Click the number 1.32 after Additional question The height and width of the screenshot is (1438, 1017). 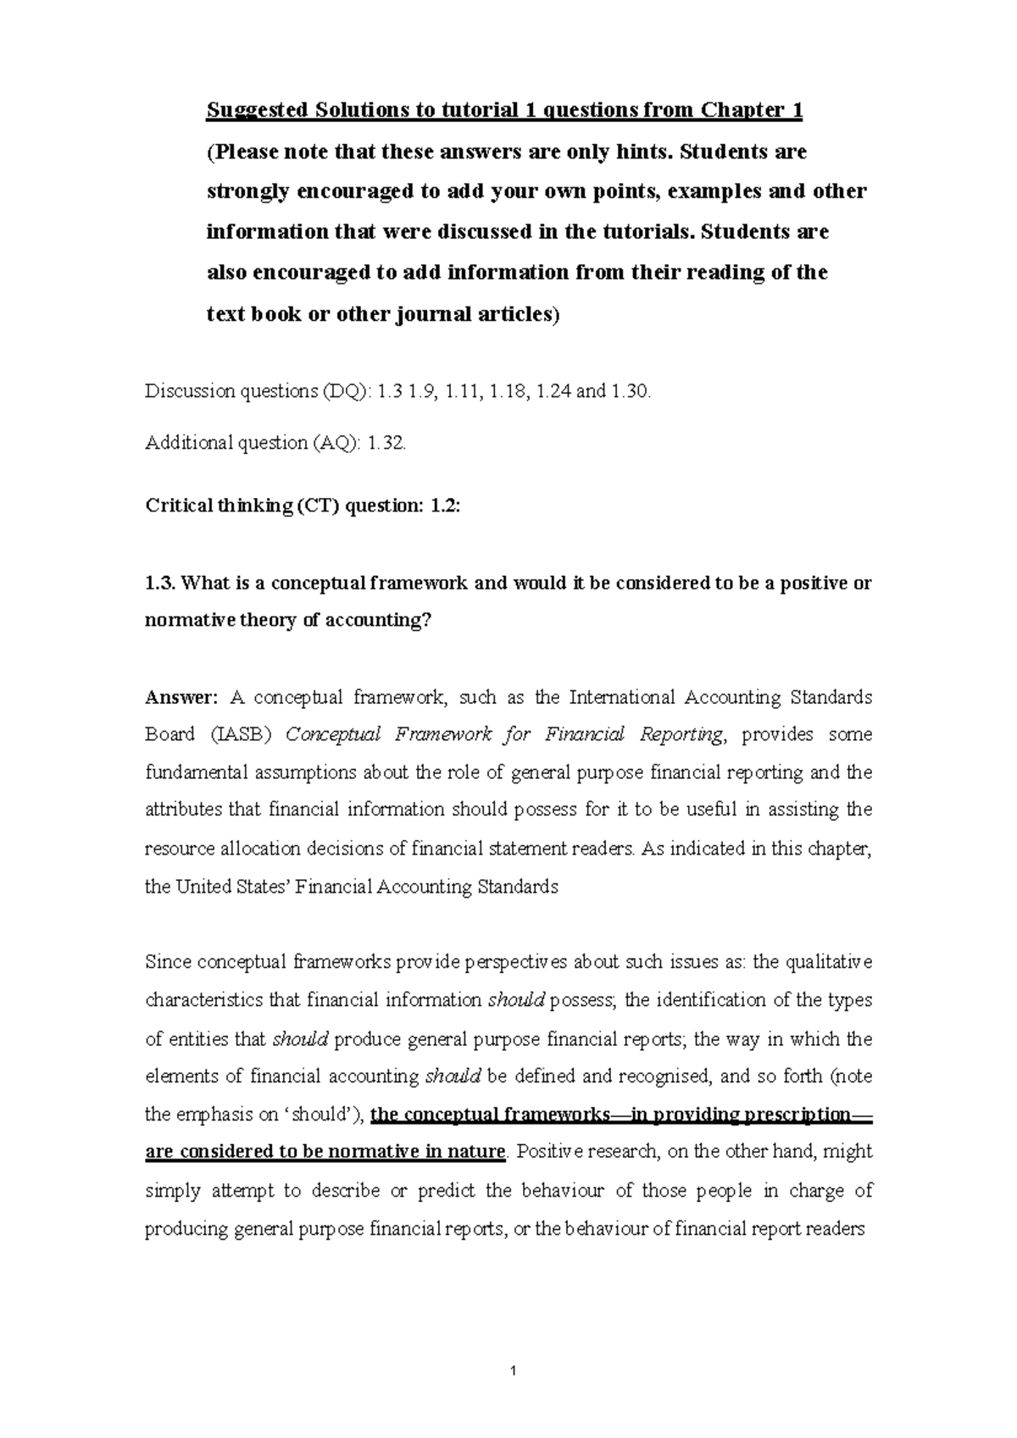point(385,443)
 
